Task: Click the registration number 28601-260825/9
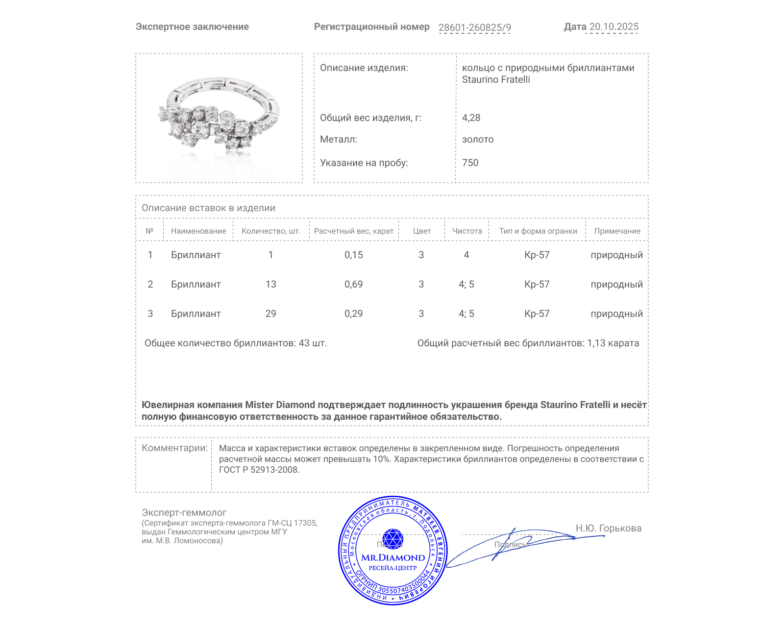tap(474, 27)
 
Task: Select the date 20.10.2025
tap(613, 27)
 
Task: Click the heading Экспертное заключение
tap(192, 27)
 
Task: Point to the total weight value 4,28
tap(471, 118)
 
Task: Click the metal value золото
tap(478, 140)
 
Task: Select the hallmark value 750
tap(470, 163)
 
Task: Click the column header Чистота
tap(466, 231)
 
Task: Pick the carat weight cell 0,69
tap(353, 284)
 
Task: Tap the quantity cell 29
tap(270, 313)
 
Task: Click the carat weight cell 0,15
tap(353, 255)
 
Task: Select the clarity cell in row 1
tap(466, 255)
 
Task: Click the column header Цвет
tap(421, 231)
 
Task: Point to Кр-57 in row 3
tap(537, 313)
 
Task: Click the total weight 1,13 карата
tap(612, 343)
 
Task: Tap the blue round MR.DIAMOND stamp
tap(392, 552)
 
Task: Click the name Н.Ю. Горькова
tap(608, 528)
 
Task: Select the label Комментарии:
tap(174, 448)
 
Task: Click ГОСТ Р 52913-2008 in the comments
tap(258, 470)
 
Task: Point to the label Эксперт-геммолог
tap(184, 512)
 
